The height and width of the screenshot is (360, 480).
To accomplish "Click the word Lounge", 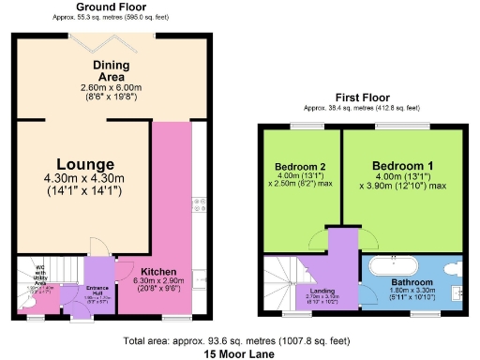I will [83, 164].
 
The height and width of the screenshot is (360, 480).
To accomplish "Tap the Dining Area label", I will [111, 71].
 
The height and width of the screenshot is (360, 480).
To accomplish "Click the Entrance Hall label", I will [98, 288].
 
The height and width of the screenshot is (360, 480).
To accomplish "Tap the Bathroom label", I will [412, 282].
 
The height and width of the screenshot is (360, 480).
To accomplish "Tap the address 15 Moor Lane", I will [240, 354].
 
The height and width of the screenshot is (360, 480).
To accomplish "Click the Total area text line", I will [240, 340].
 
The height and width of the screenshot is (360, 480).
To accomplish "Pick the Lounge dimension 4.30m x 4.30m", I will [83, 181].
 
